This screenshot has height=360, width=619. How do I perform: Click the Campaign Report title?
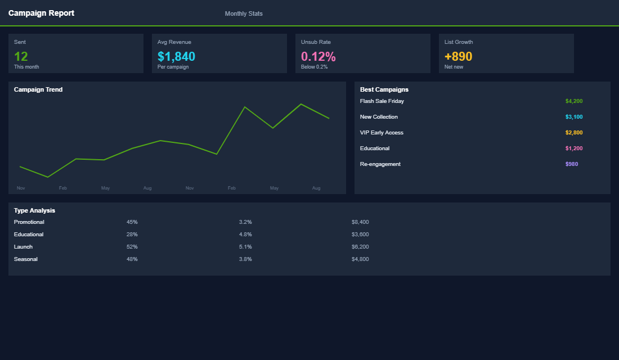coord(41,13)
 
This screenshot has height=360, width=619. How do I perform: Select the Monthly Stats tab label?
coord(244,13)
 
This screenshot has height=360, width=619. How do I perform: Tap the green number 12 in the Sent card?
coord(21,56)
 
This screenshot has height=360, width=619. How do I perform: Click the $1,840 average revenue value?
coord(176,56)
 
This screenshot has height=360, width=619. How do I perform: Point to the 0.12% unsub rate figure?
coord(318,56)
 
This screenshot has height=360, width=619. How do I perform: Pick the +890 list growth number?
coord(458,56)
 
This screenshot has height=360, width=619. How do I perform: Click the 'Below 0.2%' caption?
coord(314,67)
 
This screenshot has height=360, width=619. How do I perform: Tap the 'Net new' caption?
coord(454,67)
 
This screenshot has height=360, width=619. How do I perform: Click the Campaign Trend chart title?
coord(38,89)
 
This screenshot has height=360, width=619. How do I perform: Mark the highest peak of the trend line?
coord(301,104)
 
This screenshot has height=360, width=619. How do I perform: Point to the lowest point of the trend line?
coord(48,177)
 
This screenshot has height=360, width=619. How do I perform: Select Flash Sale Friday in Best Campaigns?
coord(382,101)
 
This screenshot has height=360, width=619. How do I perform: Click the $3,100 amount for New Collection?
coord(574,117)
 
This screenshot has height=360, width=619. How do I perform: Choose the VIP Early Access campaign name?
coord(382,133)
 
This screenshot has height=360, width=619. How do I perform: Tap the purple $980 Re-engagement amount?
coord(572,164)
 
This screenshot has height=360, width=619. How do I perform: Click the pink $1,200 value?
coord(574,148)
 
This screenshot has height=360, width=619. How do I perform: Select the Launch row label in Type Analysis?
coord(23,247)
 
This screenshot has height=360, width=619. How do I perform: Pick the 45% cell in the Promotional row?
coord(132,222)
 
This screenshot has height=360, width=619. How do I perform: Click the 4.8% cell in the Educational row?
coord(245,235)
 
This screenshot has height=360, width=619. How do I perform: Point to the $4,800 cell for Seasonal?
coord(360,259)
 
